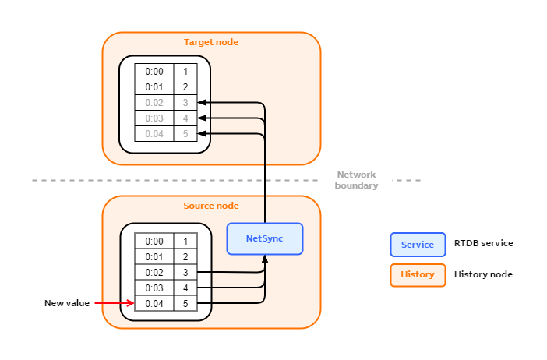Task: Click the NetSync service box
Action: pos(264,238)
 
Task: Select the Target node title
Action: pos(210,42)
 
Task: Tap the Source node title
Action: pos(210,206)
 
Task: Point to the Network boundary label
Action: pos(356,180)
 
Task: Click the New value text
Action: pos(67,303)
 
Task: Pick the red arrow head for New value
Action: pos(131,303)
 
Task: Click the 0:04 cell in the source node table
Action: pos(154,303)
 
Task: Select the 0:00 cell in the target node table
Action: pos(154,72)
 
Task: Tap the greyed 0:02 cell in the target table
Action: pos(154,103)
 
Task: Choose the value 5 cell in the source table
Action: pos(185,303)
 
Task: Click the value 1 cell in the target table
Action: pos(185,72)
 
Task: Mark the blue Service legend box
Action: pos(417,245)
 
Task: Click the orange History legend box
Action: pos(417,274)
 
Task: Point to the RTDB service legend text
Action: pos(483,244)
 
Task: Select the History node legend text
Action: pos(483,274)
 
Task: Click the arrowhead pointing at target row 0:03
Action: pos(202,118)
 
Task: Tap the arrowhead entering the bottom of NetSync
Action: pos(265,259)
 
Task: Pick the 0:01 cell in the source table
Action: pos(154,256)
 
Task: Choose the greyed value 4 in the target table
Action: pos(185,118)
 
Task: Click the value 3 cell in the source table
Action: pos(185,272)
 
